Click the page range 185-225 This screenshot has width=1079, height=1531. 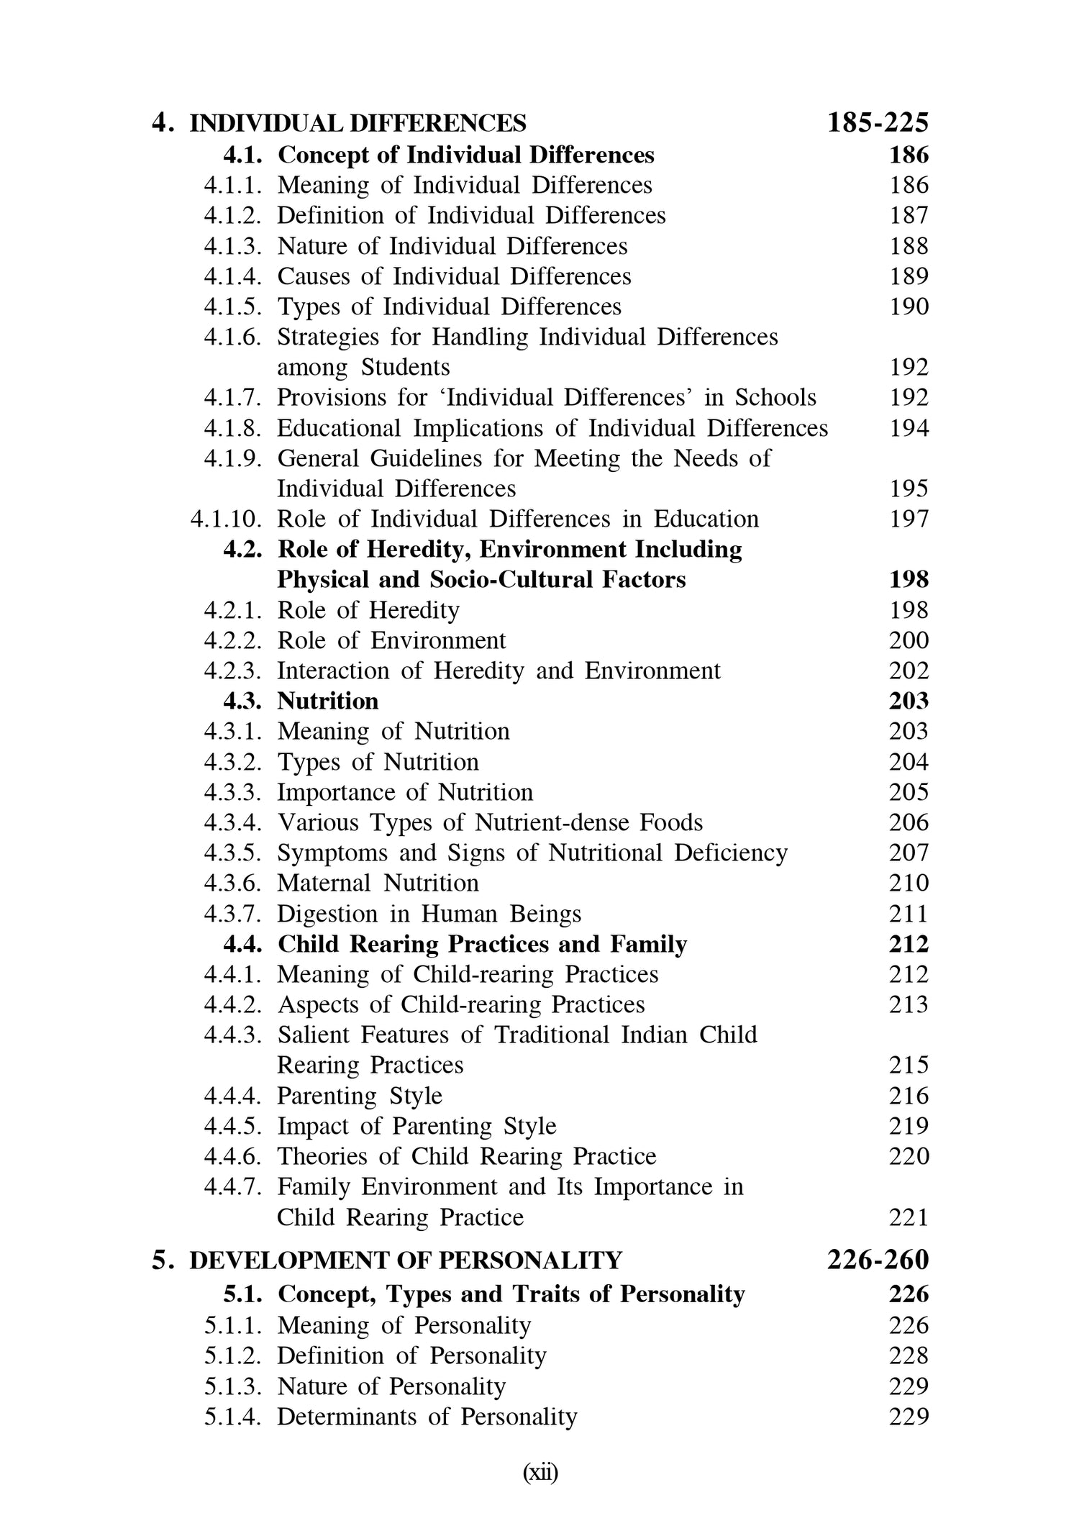[878, 123]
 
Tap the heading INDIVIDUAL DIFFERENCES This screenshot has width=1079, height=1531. [358, 124]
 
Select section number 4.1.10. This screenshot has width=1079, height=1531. [226, 519]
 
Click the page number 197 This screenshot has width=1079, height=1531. [909, 519]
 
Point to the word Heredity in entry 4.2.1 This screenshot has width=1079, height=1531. [414, 611]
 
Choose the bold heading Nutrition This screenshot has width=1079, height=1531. [327, 701]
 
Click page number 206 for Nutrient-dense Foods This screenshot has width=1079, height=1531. [909, 823]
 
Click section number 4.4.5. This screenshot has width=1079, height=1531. [232, 1127]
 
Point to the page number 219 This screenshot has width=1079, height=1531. [909, 1127]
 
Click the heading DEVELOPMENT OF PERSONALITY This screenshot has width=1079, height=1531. [405, 1260]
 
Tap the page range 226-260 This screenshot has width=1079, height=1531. [878, 1260]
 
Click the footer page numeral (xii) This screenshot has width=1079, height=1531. [539, 1473]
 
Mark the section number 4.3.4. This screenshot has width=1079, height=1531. [232, 823]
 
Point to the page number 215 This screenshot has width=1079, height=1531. [909, 1066]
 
